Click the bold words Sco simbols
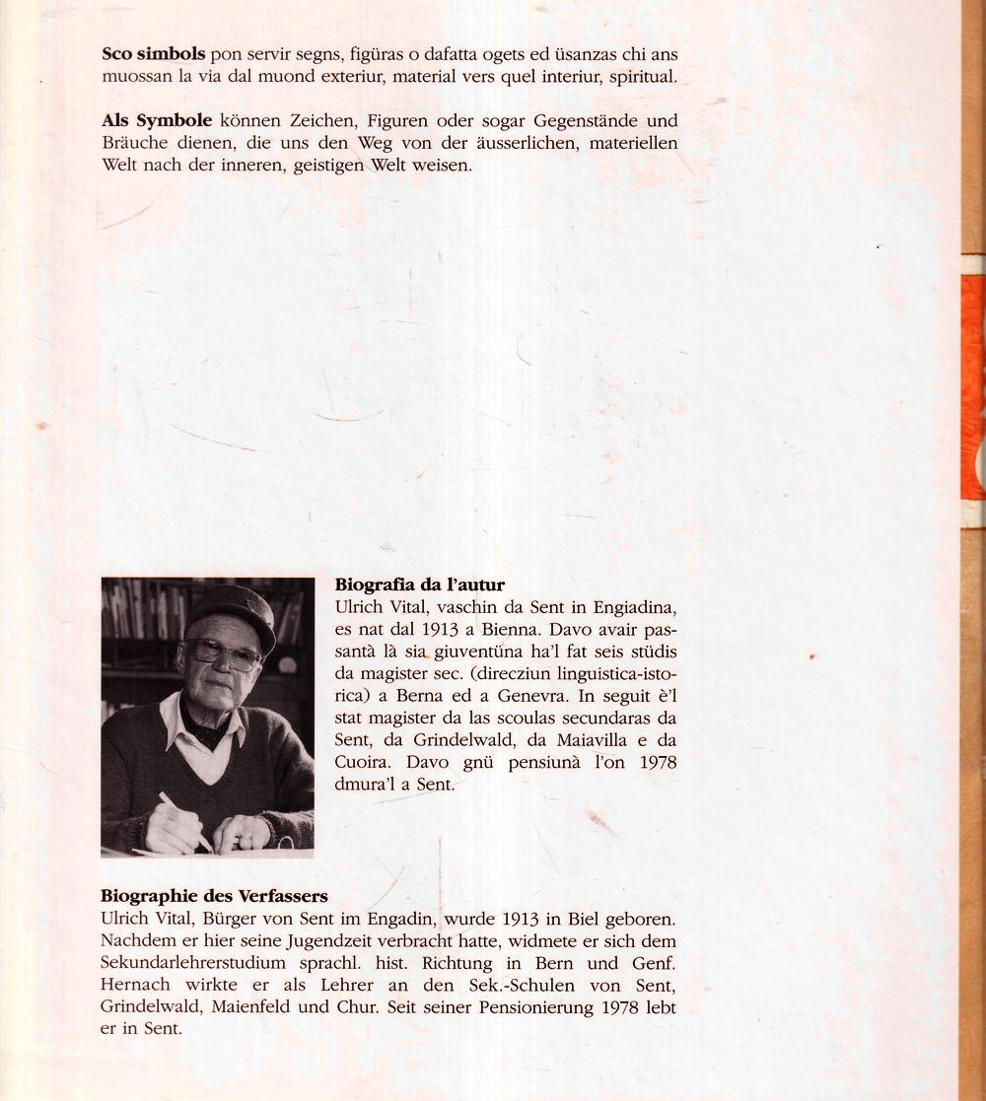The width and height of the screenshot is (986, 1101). coord(153,55)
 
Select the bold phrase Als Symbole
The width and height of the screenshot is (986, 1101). coord(157,121)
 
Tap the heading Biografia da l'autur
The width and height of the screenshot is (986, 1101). coord(420,585)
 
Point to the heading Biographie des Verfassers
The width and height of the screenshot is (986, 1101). coord(214,896)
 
